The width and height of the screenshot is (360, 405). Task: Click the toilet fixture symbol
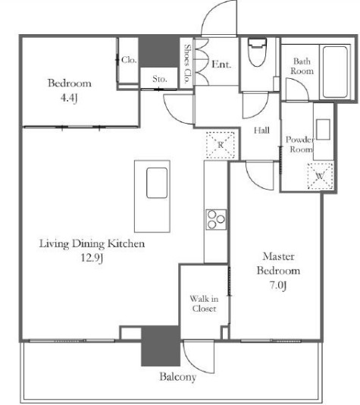coord(257,52)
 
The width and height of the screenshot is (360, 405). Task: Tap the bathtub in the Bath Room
coord(335,72)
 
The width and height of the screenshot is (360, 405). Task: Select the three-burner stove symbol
coord(216,219)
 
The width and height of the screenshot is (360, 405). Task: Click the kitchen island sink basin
coord(157,183)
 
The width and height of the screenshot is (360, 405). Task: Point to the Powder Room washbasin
coord(323,130)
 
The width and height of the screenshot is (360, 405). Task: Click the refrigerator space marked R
coord(221,145)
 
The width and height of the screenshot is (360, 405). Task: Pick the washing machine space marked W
coord(320,176)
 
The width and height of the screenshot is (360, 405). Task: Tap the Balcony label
coord(178,377)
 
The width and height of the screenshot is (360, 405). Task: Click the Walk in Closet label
coord(204,303)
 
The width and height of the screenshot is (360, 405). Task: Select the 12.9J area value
coord(92,258)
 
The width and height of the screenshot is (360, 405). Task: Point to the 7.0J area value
coord(278,285)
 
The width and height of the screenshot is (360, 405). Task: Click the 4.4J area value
coord(69,98)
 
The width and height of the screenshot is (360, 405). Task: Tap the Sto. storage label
coord(159,79)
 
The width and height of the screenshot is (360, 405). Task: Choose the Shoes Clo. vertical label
coord(188,63)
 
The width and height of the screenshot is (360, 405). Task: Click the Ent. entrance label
coord(221,64)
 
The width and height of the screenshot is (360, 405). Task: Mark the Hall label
coord(261,130)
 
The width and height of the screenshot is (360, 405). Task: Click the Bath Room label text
coord(302,66)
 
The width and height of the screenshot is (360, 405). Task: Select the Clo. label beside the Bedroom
coord(129,60)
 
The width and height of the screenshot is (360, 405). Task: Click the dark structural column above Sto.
coord(158,52)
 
